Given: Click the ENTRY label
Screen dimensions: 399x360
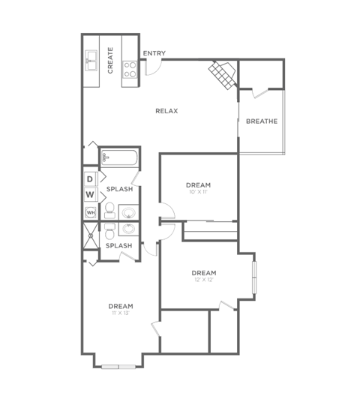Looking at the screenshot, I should [x=154, y=53].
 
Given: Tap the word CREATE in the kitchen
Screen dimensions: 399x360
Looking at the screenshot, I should [x=110, y=60].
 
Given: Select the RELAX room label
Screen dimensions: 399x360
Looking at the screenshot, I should [x=166, y=111].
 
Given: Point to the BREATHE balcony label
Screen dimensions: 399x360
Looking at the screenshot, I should [x=262, y=121].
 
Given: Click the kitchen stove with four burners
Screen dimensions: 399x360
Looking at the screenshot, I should [x=130, y=70].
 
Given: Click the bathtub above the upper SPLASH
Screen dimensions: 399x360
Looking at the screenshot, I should [x=120, y=157].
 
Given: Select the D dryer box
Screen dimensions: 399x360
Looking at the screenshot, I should [x=90, y=178].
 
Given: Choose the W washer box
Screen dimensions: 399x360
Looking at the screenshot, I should [x=90, y=195].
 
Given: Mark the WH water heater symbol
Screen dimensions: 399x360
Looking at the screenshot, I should [x=90, y=212].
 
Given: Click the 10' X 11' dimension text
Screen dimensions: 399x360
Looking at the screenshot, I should [x=199, y=193].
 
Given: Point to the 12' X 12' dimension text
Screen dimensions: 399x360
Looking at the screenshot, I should [x=203, y=280].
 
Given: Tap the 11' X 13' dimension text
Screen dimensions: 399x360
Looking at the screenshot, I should [x=120, y=313].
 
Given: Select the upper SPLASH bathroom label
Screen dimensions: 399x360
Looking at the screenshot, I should [x=118, y=189].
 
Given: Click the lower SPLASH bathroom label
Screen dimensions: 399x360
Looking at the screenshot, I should [x=118, y=245].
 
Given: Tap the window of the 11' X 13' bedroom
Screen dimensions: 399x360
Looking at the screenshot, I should [x=119, y=367].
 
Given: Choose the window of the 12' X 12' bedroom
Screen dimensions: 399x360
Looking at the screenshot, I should [x=254, y=277].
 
